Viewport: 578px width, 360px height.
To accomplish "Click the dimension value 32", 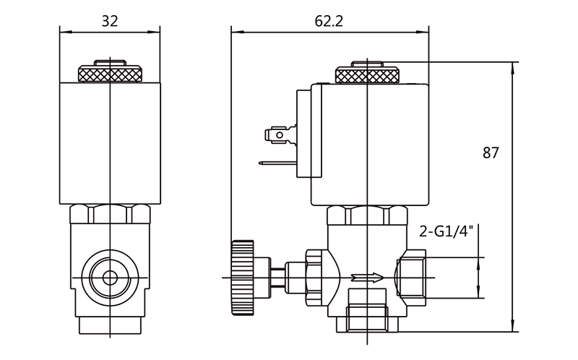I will pyautogui.click(x=109, y=21).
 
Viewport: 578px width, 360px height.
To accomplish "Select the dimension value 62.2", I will pyautogui.click(x=329, y=21).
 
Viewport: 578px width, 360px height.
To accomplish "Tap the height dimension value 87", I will pyautogui.click(x=491, y=153).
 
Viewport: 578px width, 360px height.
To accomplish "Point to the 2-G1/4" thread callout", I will pyautogui.click(x=446, y=231).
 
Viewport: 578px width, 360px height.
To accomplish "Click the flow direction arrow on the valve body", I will pyautogui.click(x=365, y=277).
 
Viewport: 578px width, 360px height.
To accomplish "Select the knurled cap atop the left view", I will pyautogui.click(x=109, y=73).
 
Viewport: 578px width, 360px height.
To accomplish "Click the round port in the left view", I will pyautogui.click(x=110, y=277).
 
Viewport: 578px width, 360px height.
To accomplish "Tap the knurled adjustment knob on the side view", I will pyautogui.click(x=243, y=278).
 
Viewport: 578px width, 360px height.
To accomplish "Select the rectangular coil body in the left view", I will pyautogui.click(x=109, y=142).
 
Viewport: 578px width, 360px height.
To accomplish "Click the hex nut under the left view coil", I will pyautogui.click(x=110, y=215).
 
